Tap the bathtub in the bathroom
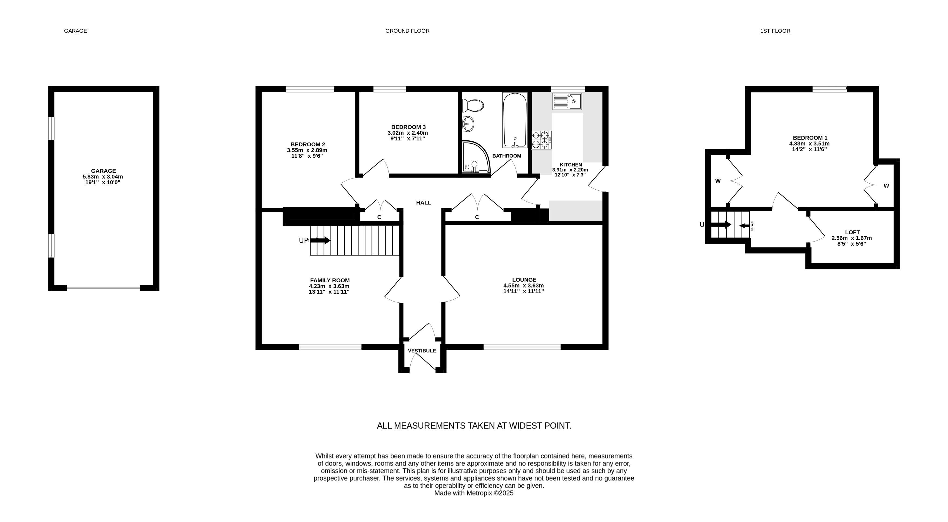pos(515,120)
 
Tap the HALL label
pos(424,203)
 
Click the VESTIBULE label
pos(422,351)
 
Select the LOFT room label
pos(852,232)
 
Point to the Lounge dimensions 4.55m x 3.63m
pos(524,285)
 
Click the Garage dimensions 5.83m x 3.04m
pos(103,176)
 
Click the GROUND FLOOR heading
pos(407,31)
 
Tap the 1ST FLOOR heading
pos(775,31)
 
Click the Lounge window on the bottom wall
pos(522,347)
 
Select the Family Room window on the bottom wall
pos(330,347)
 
